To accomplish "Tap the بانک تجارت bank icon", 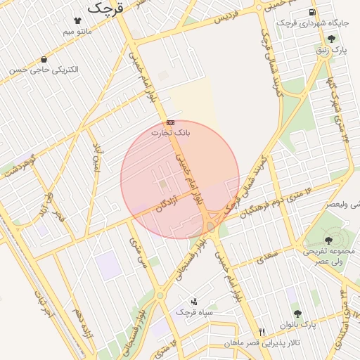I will pyautogui.click(x=171, y=122).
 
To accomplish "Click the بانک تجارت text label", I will pyautogui.click(x=171, y=132).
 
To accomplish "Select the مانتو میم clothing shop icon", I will pyautogui.click(x=77, y=22).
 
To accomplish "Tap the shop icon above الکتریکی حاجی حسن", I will pyautogui.click(x=44, y=60).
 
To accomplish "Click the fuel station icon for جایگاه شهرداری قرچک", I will pyautogui.click(x=311, y=13).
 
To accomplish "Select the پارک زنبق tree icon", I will pyautogui.click(x=331, y=39).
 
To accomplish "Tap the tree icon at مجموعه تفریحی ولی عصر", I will pyautogui.click(x=328, y=240).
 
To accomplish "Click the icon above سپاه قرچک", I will pyautogui.click(x=194, y=301).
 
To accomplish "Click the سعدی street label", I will pyautogui.click(x=268, y=256).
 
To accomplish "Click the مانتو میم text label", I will pyautogui.click(x=77, y=32).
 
